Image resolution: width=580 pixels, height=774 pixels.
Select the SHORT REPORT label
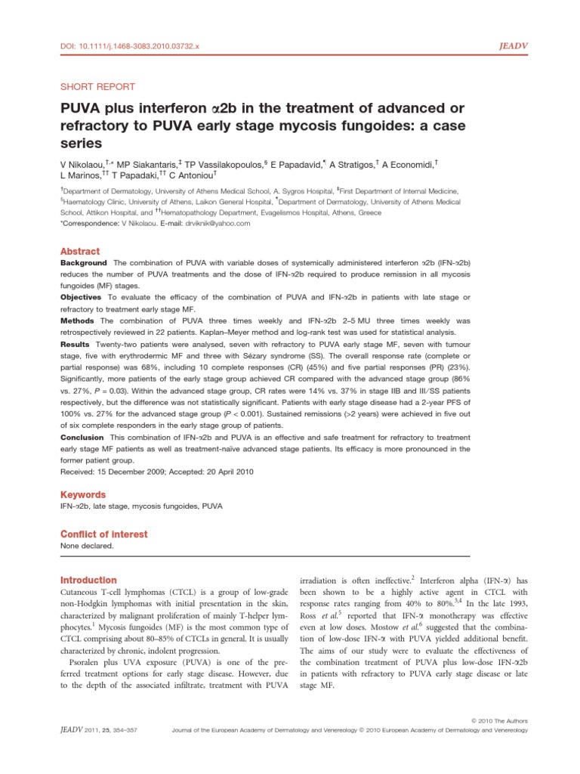[97, 87]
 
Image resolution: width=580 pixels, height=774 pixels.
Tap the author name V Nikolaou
[87, 163]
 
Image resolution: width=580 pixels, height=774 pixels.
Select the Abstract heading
[79, 251]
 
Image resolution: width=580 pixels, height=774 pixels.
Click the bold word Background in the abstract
[85, 262]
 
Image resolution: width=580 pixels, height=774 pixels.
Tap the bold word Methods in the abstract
[78, 321]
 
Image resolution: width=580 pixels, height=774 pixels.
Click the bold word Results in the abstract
[76, 345]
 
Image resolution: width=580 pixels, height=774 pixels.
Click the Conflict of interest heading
[103, 534]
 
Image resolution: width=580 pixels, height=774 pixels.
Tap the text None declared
[87, 545]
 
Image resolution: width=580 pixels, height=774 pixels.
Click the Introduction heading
[88, 580]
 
